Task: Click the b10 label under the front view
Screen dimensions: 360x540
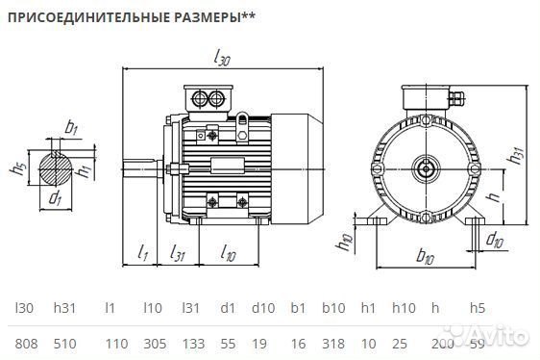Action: tap(427, 258)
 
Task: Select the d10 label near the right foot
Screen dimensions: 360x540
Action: tap(495, 238)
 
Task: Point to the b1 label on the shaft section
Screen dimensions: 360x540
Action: tap(71, 127)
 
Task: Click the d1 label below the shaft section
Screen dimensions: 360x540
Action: tap(56, 199)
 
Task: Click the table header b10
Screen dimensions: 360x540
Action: tap(332, 309)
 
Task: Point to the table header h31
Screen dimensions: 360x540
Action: tap(65, 309)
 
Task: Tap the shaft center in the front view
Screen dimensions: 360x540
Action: tap(426, 169)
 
